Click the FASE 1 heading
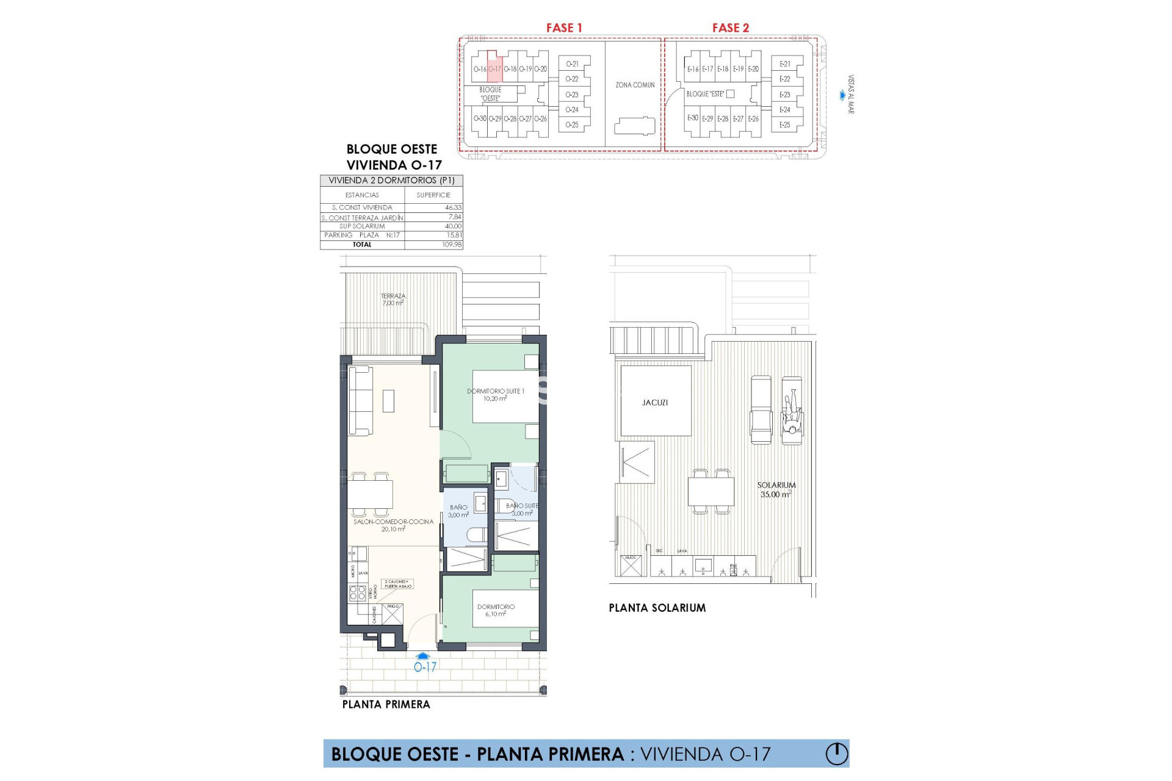pos(564,27)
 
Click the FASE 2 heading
pos(730,27)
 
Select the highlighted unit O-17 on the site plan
pos(495,68)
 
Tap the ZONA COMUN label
pos(635,85)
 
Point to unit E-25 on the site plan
pos(785,124)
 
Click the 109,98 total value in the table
pos(452,245)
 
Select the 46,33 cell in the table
pos(453,207)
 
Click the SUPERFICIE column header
pos(433,195)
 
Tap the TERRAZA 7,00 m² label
pos(393,300)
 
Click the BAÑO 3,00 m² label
pos(458,511)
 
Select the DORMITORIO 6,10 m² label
pos(496,610)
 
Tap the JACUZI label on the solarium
pos(655,403)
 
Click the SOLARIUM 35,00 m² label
pos(776,489)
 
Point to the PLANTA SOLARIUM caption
pos(657,608)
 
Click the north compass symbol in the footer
pos(837,754)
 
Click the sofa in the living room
pos(360,400)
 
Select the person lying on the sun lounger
pos(792,416)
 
